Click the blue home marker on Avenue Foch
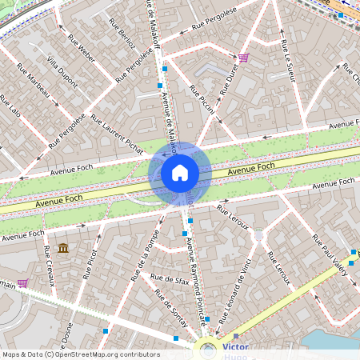tap(180, 173)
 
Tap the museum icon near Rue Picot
tap(63, 248)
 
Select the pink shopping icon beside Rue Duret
tap(243, 57)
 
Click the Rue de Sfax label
tap(170, 279)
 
